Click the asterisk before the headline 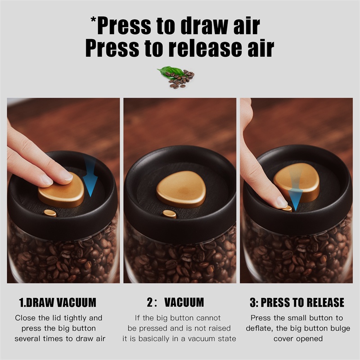tap(94, 19)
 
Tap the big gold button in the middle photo tap(181, 189)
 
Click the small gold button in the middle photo tap(170, 215)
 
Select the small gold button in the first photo tap(50, 213)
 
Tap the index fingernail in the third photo tap(282, 202)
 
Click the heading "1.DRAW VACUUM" tap(58, 302)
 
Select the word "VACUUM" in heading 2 tap(184, 302)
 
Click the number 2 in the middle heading tap(150, 302)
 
